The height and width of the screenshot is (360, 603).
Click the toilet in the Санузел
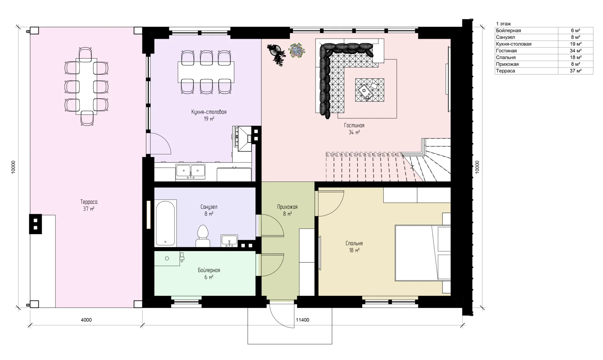[x=203, y=236]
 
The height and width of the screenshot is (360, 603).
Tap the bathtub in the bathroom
[x=166, y=223]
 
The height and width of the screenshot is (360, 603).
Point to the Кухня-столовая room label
[x=209, y=112]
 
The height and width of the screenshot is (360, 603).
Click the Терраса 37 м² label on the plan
[x=89, y=205]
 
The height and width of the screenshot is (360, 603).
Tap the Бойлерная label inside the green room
[x=209, y=270]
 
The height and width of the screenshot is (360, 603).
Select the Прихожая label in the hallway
[x=287, y=207]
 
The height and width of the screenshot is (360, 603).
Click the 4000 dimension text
[x=86, y=320]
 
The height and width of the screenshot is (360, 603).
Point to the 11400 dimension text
[x=303, y=320]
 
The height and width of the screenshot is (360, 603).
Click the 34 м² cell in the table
[x=576, y=51]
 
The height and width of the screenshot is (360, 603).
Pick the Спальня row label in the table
[x=506, y=57]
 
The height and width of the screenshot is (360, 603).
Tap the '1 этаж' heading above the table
[x=504, y=24]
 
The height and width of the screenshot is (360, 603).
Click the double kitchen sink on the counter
[x=191, y=171]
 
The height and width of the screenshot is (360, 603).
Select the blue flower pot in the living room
[x=296, y=50]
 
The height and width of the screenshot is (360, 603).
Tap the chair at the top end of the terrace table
[x=85, y=53]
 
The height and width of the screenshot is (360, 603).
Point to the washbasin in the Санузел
[x=229, y=241]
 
